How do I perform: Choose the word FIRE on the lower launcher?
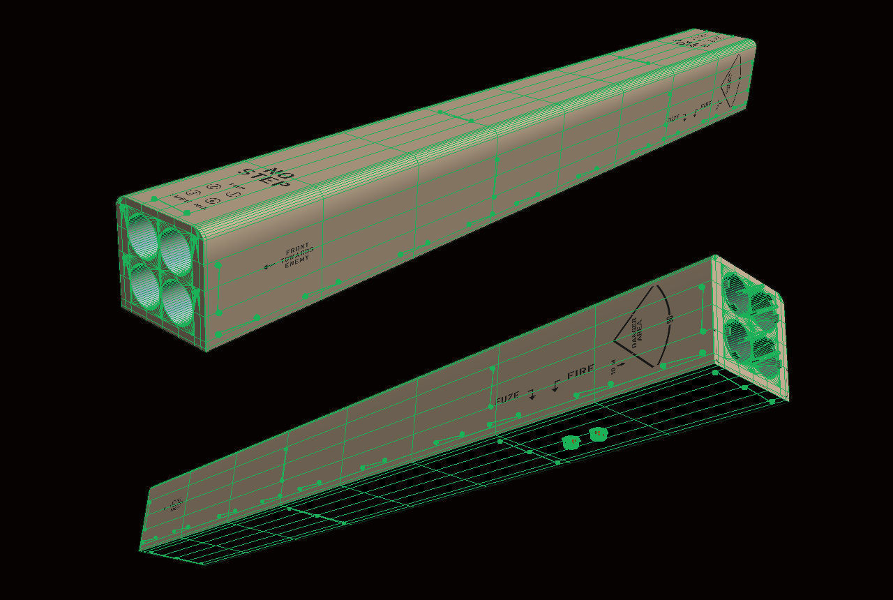(x=580, y=372)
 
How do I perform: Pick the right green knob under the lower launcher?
(x=598, y=435)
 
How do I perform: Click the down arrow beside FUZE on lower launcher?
(x=532, y=395)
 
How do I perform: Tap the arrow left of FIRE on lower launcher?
(x=556, y=385)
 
